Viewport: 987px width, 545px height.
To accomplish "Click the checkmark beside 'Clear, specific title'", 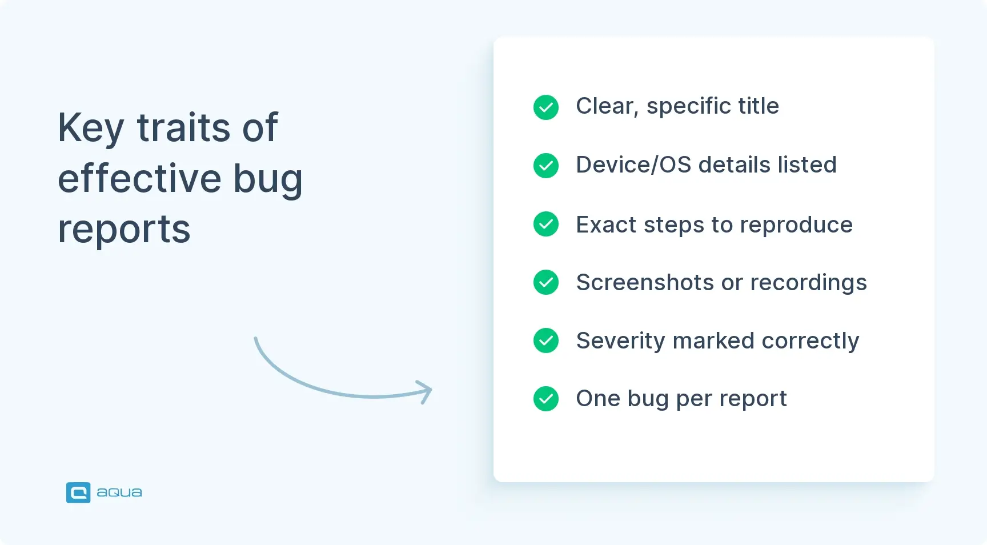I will coord(545,107).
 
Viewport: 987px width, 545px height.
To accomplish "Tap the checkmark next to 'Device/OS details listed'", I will coord(545,166).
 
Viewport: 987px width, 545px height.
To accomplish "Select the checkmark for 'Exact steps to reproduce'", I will coord(545,224).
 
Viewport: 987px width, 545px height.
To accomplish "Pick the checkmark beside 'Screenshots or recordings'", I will coord(545,282).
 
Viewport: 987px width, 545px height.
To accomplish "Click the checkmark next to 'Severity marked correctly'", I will coord(545,340).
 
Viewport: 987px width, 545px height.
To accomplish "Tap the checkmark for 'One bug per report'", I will coord(545,399).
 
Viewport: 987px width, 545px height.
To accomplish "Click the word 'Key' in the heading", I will coord(90,128).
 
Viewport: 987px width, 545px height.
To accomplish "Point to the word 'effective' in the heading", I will coord(139,178).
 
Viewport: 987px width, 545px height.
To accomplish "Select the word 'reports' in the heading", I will coord(124,230).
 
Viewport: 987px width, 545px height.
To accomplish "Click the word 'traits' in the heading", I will coord(183,128).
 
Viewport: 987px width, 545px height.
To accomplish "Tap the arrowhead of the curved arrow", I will coord(426,391).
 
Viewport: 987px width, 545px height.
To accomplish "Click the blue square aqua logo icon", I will coord(78,492).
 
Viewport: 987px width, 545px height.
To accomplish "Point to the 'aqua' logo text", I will coord(119,492).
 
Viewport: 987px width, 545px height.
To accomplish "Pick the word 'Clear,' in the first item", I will coord(607,106).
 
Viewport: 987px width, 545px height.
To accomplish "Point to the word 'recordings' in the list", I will coord(808,283).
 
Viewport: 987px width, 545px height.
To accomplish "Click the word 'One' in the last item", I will coord(597,399).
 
